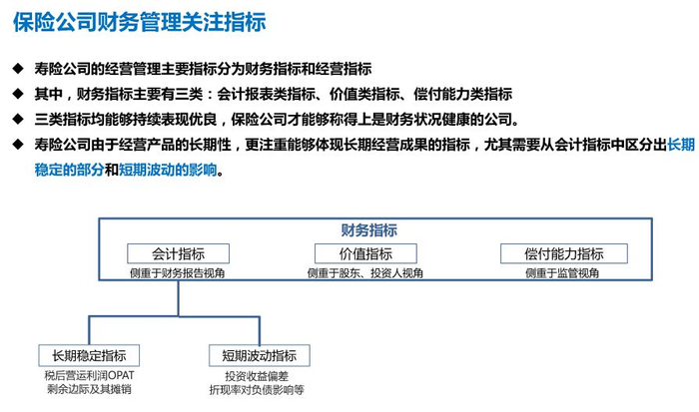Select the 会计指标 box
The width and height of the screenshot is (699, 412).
click(x=178, y=253)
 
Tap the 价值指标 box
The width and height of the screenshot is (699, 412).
click(x=365, y=253)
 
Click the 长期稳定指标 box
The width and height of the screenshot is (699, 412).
click(x=89, y=355)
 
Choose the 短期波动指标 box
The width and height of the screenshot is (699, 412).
click(x=259, y=355)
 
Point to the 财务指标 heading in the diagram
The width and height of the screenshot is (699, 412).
click(x=368, y=229)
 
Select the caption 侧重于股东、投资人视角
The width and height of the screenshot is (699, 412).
click(x=365, y=272)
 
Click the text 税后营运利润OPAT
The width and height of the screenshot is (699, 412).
click(x=89, y=375)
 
